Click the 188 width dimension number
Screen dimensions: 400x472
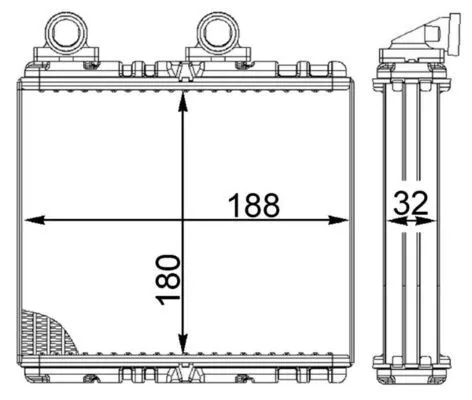click(x=252, y=205)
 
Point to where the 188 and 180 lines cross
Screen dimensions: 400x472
click(x=181, y=220)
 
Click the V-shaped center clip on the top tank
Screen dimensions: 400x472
click(x=181, y=70)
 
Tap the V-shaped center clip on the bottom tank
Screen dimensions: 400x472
click(x=181, y=375)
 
